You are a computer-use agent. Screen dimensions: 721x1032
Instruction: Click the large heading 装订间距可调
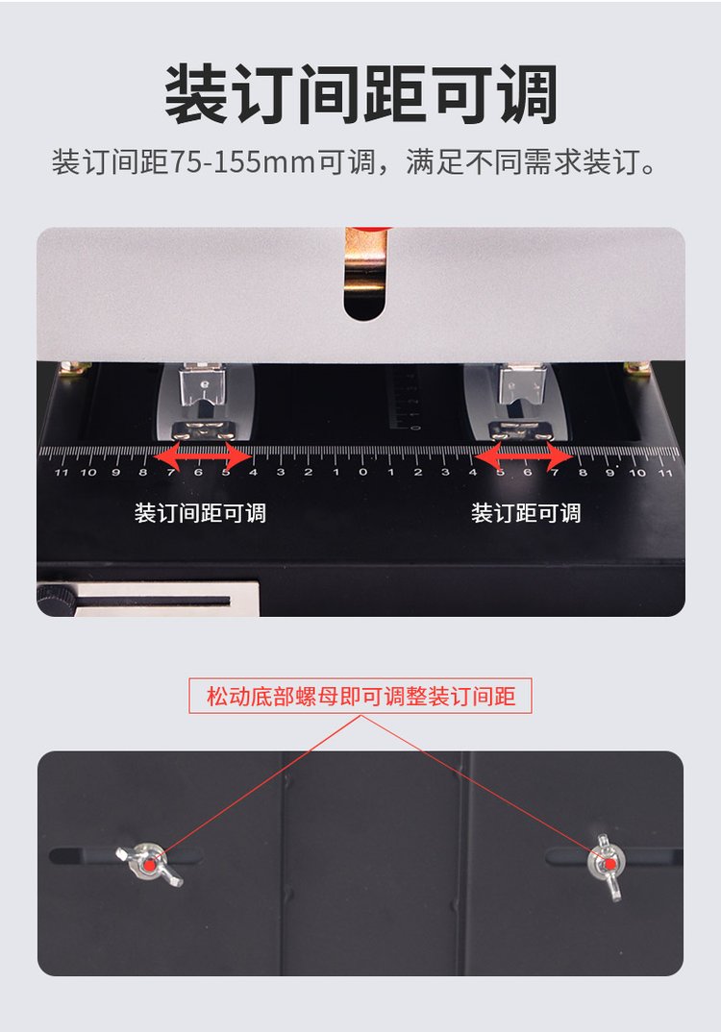(x=360, y=94)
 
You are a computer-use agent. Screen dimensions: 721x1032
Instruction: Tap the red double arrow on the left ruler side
(x=203, y=455)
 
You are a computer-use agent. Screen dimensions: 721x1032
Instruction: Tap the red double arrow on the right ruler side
(x=524, y=455)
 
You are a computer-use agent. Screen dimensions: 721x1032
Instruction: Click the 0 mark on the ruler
(x=362, y=472)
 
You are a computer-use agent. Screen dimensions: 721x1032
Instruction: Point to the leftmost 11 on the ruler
(x=62, y=472)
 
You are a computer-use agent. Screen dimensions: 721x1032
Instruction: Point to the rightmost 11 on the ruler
(x=665, y=473)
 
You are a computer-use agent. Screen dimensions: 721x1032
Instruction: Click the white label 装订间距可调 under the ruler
(x=200, y=513)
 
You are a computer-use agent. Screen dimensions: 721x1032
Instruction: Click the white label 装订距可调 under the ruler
(x=526, y=513)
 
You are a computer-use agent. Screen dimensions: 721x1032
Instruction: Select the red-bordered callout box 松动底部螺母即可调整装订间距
(x=360, y=696)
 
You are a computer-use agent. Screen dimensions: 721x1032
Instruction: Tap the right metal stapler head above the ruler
(x=520, y=403)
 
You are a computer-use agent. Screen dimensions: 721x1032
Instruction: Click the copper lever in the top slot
(x=365, y=263)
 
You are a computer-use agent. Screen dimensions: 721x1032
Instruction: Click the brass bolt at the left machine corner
(x=75, y=369)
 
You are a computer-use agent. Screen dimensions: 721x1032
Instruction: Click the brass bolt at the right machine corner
(x=636, y=369)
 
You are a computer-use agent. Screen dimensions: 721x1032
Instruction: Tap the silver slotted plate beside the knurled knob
(x=167, y=599)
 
